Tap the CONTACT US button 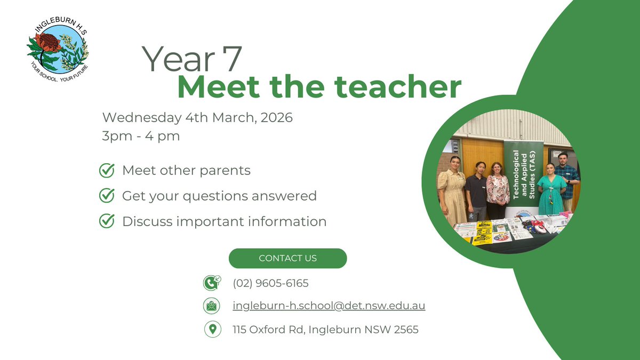pos(287,258)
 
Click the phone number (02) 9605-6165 pos(270,283)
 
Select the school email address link pos(329,306)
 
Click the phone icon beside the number pos(212,283)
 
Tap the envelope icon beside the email pos(212,306)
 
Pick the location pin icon pos(212,329)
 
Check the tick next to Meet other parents pos(107,171)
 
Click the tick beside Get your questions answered pos(107,196)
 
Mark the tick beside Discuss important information pos(107,221)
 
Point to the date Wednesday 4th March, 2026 pos(197,117)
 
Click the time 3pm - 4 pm pos(141,136)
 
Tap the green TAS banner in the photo pos(523,176)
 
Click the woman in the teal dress pos(551,192)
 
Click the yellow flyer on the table pos(483,233)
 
